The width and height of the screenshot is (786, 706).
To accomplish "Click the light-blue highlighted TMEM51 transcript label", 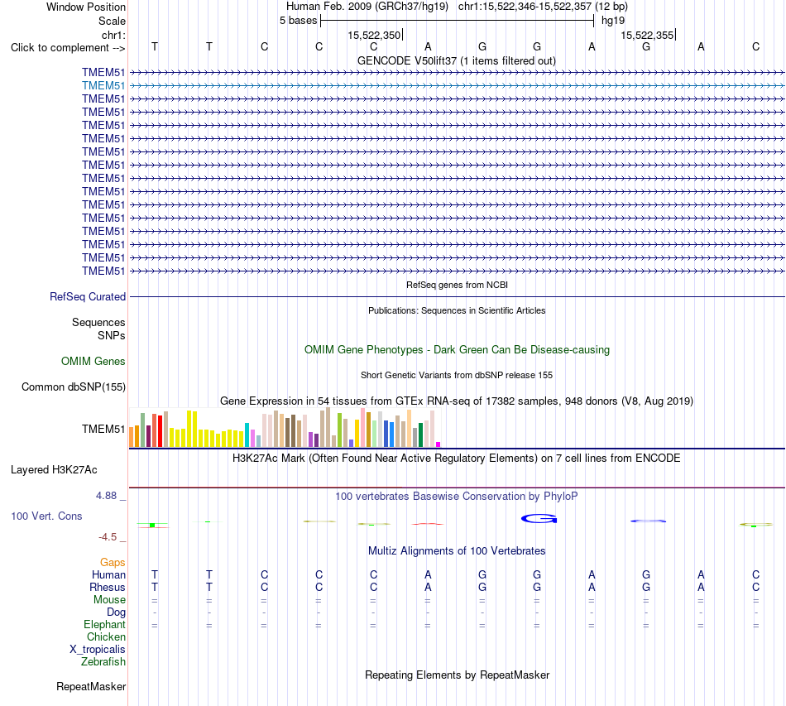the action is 103,86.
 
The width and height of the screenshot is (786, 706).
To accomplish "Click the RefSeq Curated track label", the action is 88,297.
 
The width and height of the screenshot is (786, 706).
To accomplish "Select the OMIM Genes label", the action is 93,361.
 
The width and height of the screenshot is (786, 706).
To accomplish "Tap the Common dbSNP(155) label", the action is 74,387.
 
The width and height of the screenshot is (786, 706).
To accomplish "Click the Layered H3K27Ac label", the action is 54,470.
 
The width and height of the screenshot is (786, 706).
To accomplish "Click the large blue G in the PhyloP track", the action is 539,518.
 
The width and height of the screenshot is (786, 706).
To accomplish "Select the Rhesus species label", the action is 108,587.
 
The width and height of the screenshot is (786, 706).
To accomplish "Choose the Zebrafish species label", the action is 103,662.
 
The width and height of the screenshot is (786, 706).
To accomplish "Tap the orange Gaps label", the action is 113,563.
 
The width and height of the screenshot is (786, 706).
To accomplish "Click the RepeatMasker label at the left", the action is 91,686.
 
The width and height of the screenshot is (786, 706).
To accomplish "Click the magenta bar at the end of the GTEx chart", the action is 439,444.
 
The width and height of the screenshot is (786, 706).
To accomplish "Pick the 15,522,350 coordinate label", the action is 374,35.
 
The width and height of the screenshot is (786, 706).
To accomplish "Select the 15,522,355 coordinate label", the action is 647,35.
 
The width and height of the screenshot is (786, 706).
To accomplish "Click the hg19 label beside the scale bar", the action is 613,21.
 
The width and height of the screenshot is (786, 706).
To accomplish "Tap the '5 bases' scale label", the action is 298,21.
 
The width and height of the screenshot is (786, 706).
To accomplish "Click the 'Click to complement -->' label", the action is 68,48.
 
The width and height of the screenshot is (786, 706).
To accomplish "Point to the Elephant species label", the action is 105,625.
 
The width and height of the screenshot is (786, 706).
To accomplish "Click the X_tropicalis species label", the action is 98,650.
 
